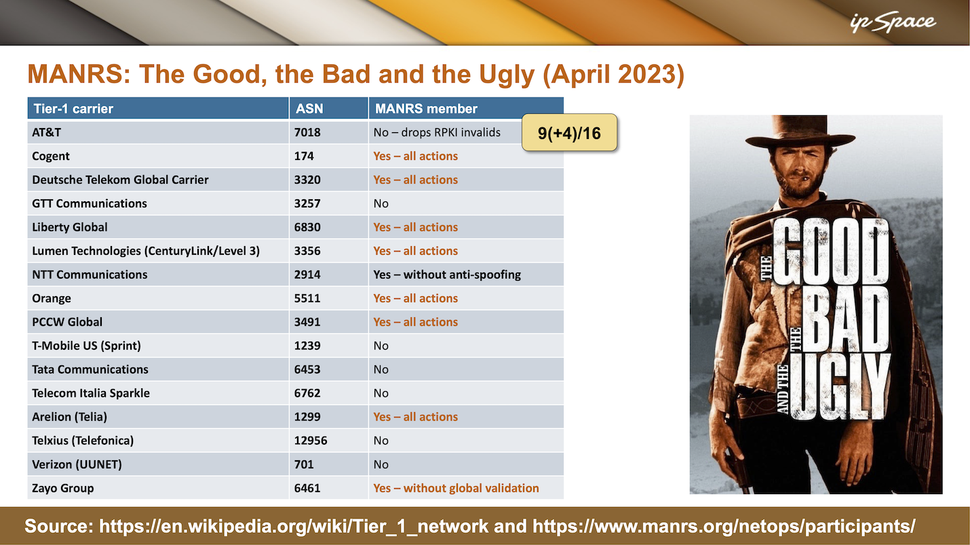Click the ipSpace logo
click(893, 22)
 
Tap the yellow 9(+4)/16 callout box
click(569, 132)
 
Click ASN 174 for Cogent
click(304, 156)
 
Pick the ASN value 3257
click(307, 203)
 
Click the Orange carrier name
click(51, 298)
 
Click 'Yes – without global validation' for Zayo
click(456, 488)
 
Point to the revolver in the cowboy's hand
click(736, 472)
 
